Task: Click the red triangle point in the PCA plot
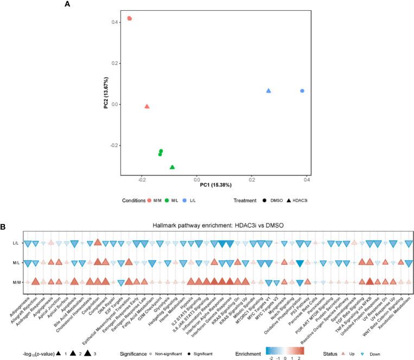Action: (x=147, y=107)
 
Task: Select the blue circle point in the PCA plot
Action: (x=302, y=91)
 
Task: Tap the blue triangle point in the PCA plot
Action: (x=269, y=91)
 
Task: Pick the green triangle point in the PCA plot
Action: (x=172, y=167)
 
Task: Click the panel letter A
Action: (x=67, y=4)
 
